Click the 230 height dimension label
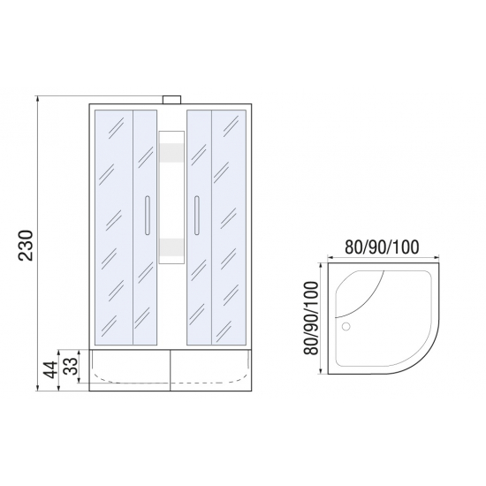click(x=26, y=246)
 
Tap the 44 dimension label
click(x=50, y=369)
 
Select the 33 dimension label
click(x=71, y=366)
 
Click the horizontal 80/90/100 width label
click(x=382, y=247)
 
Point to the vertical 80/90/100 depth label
click(x=311, y=318)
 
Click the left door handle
click(x=148, y=215)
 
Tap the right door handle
click(x=196, y=215)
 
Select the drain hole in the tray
click(x=346, y=326)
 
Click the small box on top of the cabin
click(x=171, y=100)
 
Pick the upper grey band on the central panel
click(x=171, y=153)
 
